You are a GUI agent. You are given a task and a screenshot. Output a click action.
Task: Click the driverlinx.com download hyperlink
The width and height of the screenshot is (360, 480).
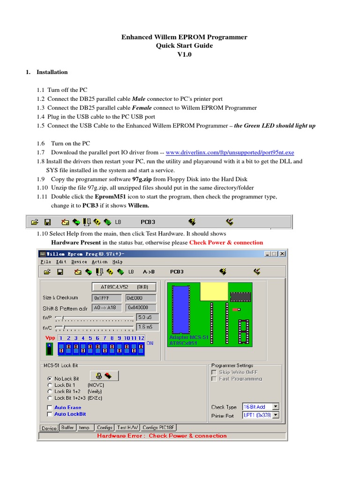coord(230,152)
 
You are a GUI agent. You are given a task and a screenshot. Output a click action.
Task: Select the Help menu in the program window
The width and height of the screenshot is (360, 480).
coord(117,262)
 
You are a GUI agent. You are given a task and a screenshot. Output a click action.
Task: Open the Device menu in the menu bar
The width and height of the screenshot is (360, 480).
coord(79,262)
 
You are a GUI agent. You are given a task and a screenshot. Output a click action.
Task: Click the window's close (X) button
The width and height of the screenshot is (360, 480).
coord(282,254)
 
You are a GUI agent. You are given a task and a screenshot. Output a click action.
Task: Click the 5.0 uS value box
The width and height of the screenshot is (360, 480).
coord(147,317)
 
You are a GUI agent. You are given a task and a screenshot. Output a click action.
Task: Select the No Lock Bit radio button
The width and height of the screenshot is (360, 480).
coord(50,378)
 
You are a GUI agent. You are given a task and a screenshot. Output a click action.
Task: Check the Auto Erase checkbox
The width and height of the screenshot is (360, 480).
coord(50,408)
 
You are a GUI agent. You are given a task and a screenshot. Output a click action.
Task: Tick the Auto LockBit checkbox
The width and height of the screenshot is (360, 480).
coord(50,414)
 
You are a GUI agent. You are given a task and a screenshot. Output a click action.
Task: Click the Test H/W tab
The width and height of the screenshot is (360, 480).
coord(128,427)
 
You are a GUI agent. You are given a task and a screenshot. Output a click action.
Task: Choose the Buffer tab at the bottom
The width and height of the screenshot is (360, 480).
coord(67,427)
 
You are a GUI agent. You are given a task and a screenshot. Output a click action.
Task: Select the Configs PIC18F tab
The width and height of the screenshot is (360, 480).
coord(158,427)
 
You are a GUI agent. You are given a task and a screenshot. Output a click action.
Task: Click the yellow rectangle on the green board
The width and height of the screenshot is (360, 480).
coord(214,291)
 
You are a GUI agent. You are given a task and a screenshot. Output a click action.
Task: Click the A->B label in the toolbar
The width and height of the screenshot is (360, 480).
coord(149,271)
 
